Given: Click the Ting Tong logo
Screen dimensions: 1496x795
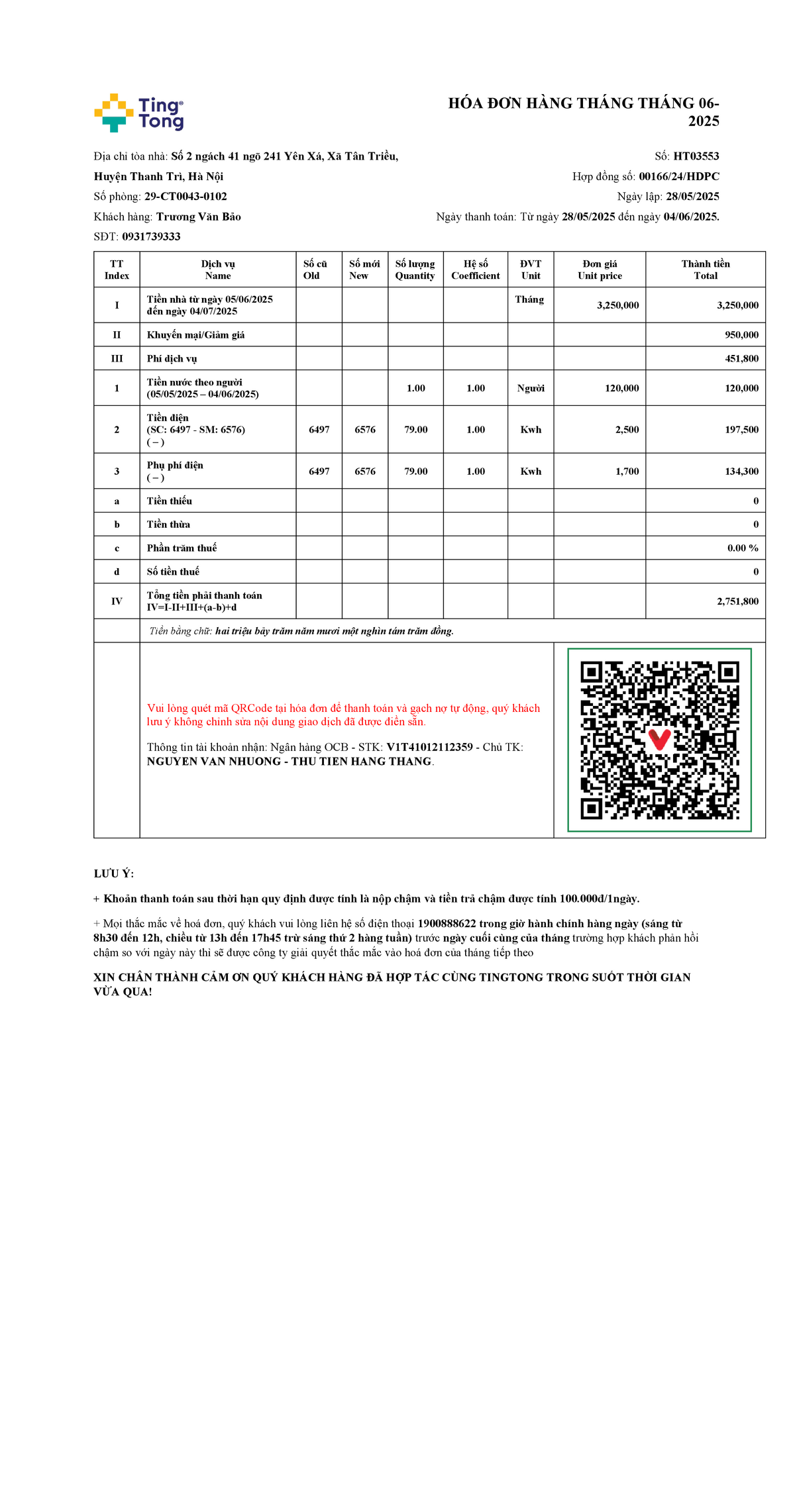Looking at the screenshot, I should point(139,113).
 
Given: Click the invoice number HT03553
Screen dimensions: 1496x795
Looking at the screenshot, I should point(696,156).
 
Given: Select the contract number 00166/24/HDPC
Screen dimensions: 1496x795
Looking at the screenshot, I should point(678,176).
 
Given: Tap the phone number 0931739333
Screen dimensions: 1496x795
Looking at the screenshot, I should point(151,236).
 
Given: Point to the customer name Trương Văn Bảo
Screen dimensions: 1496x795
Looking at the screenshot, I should point(198,217).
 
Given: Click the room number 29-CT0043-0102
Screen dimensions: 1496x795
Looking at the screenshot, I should point(185,197).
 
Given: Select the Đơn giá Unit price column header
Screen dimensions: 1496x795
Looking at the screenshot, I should point(600,270).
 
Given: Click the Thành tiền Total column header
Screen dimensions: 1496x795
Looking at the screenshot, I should point(705,270).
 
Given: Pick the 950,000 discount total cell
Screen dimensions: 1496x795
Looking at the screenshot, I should point(741,335).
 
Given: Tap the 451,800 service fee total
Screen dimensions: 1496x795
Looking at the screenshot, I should point(741,359).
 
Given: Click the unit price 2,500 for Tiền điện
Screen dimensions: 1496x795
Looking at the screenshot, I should point(627,430).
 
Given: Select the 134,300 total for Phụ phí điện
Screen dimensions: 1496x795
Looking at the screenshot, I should point(741,472).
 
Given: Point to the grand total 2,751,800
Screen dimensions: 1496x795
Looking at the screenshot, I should point(737,601).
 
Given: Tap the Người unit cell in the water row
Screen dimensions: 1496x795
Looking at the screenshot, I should point(531,388).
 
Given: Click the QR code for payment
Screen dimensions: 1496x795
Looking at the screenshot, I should point(659,740).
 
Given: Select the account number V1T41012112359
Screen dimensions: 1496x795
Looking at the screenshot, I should point(429,747).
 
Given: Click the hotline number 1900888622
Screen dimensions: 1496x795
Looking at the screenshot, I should point(447,924).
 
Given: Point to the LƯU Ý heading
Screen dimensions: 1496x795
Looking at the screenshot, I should point(114,874).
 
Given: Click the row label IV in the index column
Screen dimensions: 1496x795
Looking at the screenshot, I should point(117,601).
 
